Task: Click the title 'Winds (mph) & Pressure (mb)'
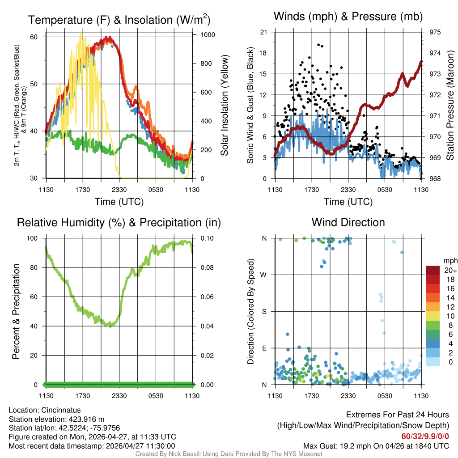click(348, 17)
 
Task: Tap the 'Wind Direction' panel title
click(348, 222)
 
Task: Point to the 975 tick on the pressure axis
click(435, 32)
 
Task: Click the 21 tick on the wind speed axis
click(263, 32)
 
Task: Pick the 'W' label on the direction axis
click(264, 275)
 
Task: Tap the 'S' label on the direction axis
click(264, 311)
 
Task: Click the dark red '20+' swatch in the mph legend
click(433, 270)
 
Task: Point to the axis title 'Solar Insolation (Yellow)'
click(225, 105)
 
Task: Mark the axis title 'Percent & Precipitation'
click(16, 311)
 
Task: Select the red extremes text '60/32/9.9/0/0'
click(425, 437)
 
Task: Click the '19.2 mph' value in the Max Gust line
click(352, 446)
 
